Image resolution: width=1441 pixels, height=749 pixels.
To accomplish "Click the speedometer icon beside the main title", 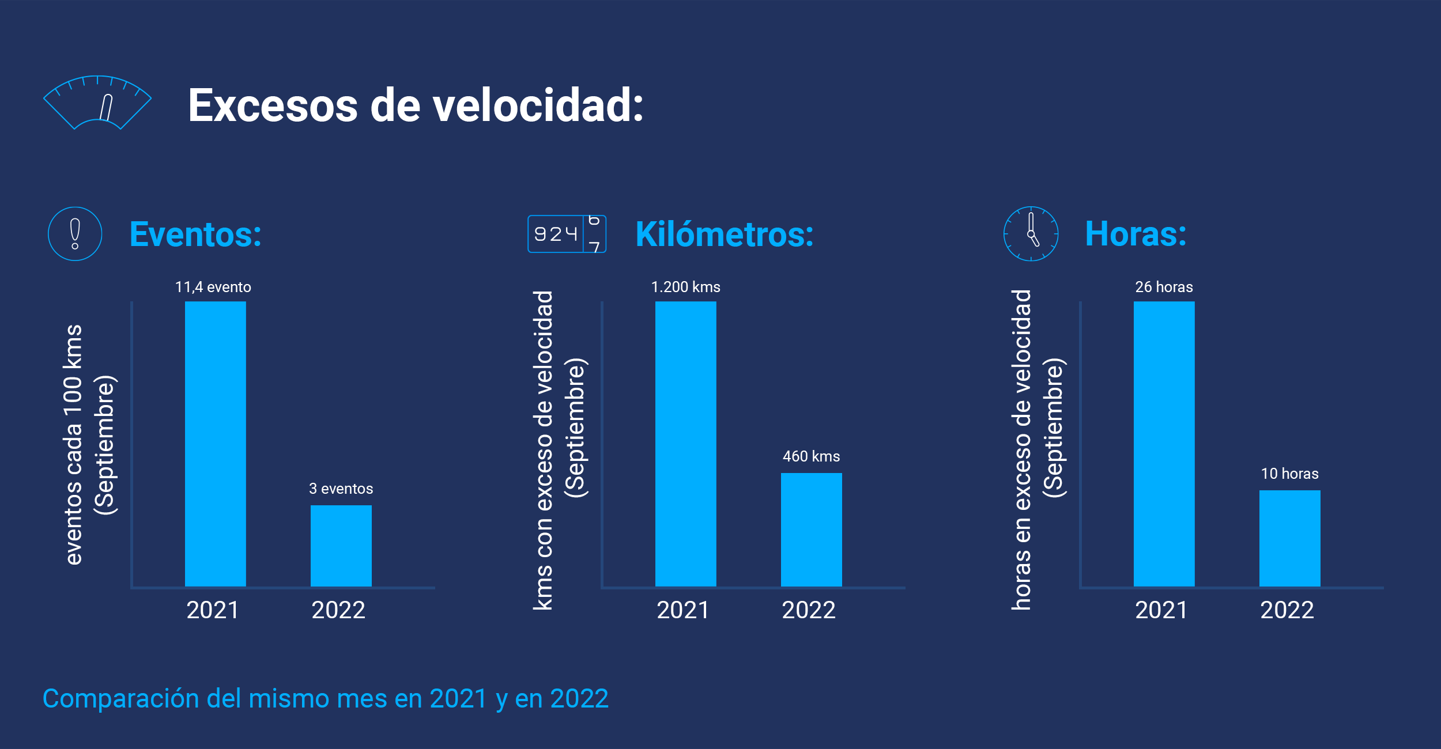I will pos(97,103).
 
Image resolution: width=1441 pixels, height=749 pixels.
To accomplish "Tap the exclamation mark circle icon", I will pos(75,234).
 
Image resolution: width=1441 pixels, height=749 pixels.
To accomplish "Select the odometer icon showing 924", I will pos(567,234).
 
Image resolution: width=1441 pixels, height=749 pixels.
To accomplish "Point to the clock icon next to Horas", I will pos(1031,234).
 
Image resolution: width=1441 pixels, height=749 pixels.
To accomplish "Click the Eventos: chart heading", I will pos(195,234).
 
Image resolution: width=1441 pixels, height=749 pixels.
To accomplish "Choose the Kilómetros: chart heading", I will pos(724,234).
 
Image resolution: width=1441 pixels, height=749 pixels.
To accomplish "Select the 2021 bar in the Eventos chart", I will pos(215,444).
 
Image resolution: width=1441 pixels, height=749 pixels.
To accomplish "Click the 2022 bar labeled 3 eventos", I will pos(341,546).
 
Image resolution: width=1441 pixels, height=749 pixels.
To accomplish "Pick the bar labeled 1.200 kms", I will pos(685,444).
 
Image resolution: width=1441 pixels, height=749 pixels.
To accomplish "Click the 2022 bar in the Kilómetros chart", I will pos(811,529).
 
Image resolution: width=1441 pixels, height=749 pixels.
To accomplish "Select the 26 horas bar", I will pos(1164,444).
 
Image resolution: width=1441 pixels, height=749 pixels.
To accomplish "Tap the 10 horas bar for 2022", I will pos(1289,538).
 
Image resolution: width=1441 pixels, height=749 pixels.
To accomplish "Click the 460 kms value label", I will pos(811,456).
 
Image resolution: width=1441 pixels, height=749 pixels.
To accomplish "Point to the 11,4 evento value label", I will pos(213,287).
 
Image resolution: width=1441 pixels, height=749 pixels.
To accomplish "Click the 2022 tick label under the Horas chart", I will pos(1287,610).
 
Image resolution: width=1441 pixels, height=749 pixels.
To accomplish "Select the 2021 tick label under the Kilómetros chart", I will pos(683,610).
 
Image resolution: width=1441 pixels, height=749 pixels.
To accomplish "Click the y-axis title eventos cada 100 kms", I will pos(74,445).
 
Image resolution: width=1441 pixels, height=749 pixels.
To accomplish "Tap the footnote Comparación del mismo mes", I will pos(325,699).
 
